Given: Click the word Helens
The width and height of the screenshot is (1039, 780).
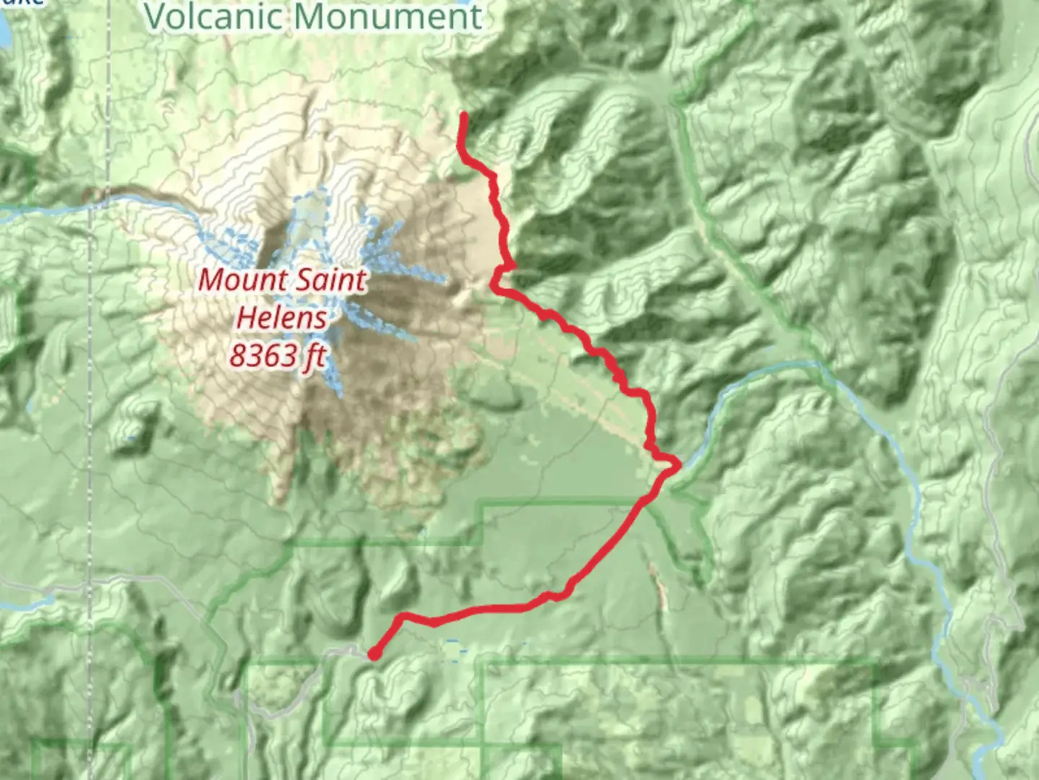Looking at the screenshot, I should [281, 317].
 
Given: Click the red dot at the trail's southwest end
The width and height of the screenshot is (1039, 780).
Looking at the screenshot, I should [374, 654].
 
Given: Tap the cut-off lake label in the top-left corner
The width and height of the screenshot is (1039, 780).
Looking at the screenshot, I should [22, 2].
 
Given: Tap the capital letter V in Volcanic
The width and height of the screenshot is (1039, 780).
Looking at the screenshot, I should [156, 16].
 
